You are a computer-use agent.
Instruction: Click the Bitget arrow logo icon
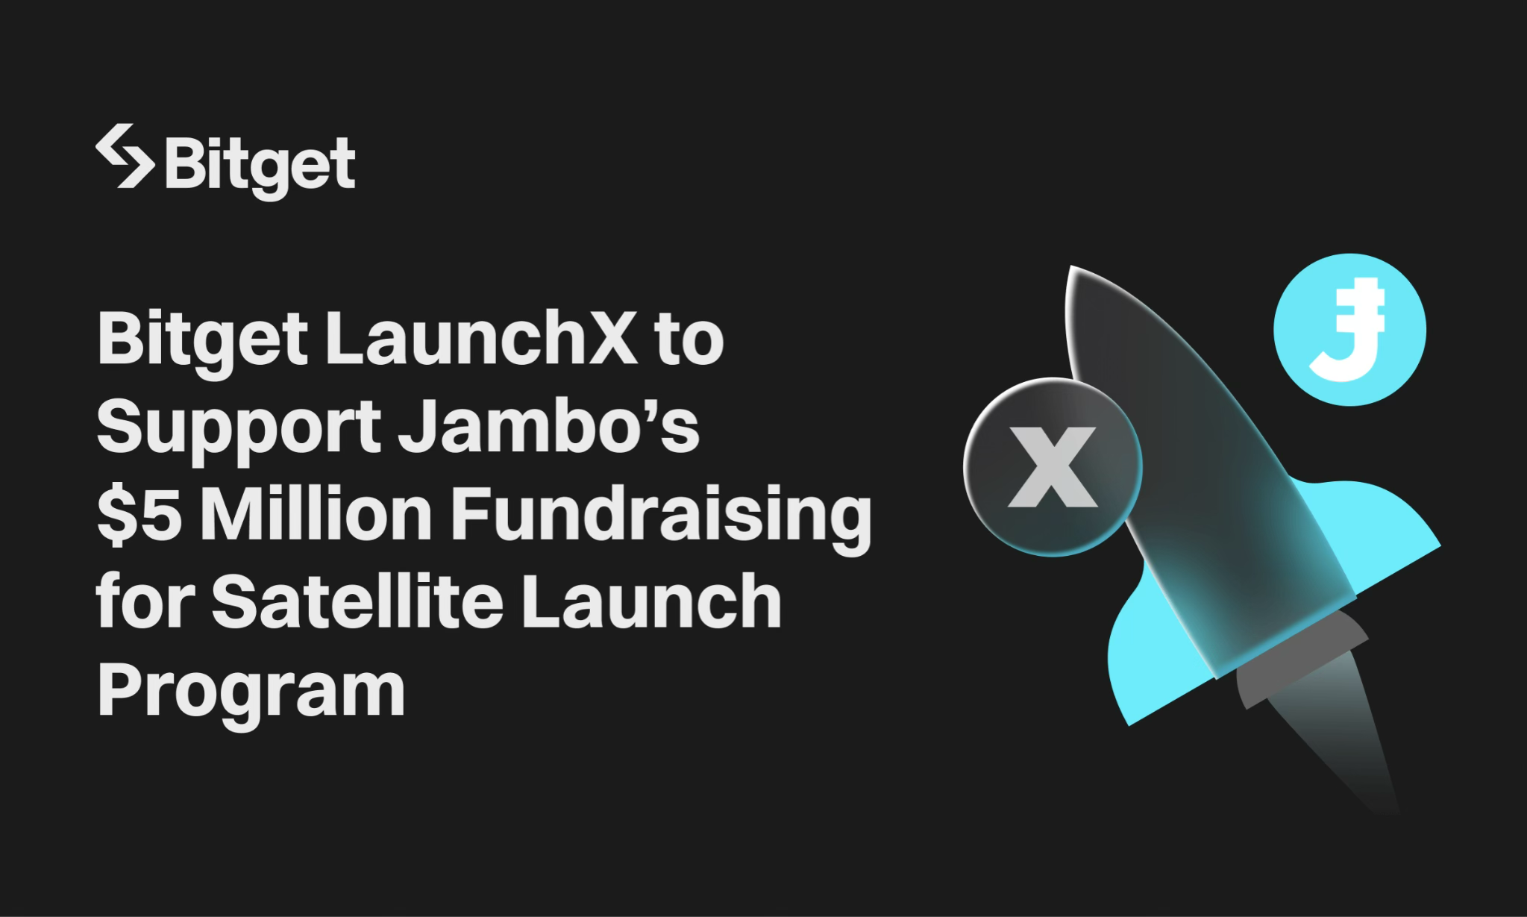[125, 156]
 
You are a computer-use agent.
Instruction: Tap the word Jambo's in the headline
[549, 426]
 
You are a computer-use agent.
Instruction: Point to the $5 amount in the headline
[139, 514]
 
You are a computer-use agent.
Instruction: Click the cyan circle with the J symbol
[1349, 330]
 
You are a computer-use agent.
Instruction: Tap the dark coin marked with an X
[1053, 467]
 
